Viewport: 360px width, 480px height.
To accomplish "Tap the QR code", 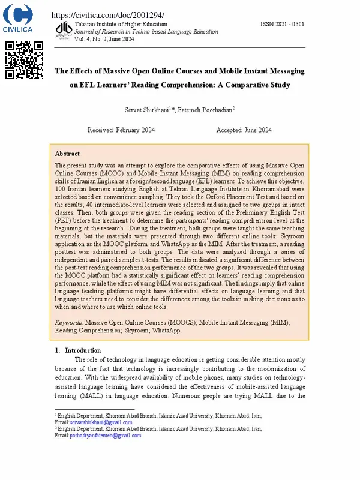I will pyautogui.click(x=24, y=60).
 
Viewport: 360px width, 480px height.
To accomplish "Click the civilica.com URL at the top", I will pyautogui.click(x=108, y=15).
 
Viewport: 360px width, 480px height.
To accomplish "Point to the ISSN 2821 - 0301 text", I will pyautogui.click(x=282, y=24).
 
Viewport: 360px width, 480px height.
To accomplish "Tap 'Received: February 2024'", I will pyautogui.click(x=121, y=130).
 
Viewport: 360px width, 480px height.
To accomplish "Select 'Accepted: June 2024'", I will pyautogui.click(x=244, y=130).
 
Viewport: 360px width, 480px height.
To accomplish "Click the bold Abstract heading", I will pyautogui.click(x=67, y=154).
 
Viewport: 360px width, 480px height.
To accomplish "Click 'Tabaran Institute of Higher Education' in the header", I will pyautogui.click(x=121, y=24).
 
